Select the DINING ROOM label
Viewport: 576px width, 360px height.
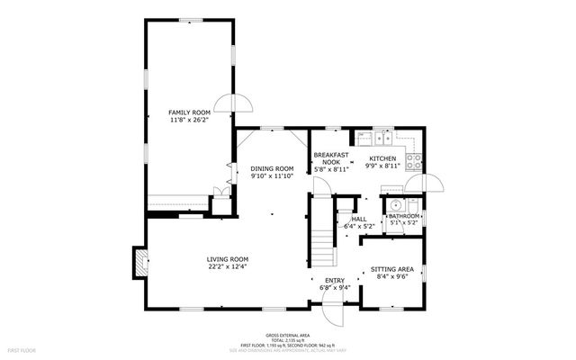pyautogui.click(x=272, y=168)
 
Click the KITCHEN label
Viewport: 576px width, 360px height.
pyautogui.click(x=382, y=157)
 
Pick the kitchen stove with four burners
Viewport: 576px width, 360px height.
pyautogui.click(x=414, y=163)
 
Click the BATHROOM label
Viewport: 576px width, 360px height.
pyautogui.click(x=403, y=216)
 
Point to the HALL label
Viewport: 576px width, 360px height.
pyautogui.click(x=358, y=219)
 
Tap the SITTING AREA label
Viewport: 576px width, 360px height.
pyautogui.click(x=392, y=269)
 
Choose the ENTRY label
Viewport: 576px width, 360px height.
pyautogui.click(x=335, y=280)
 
